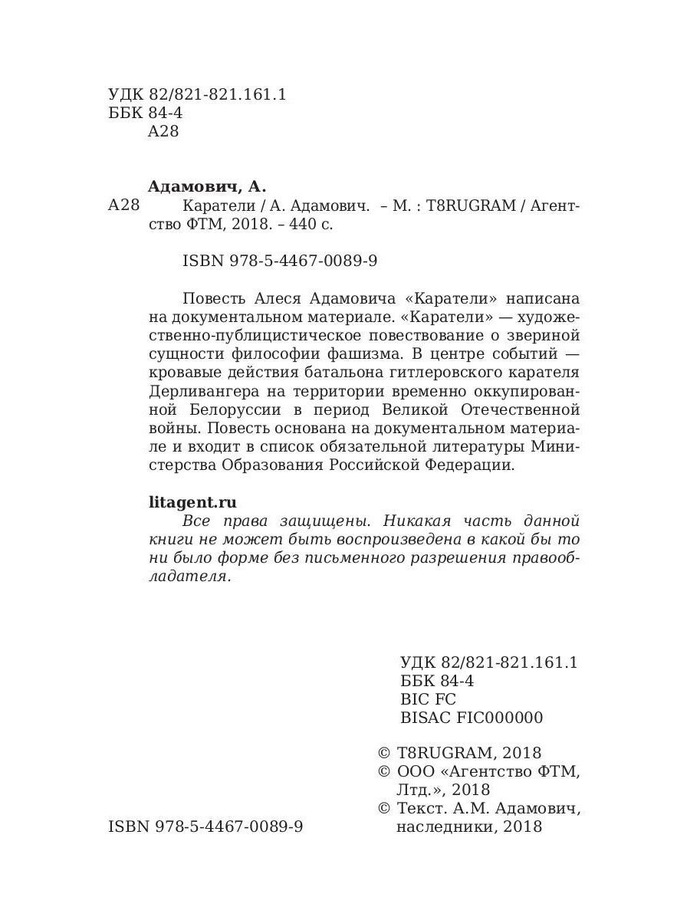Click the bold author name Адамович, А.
pyautogui.click(x=205, y=186)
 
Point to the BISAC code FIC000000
pyautogui.click(x=499, y=718)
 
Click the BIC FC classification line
pyautogui.click(x=428, y=699)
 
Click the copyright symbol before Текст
pyautogui.click(x=385, y=808)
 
